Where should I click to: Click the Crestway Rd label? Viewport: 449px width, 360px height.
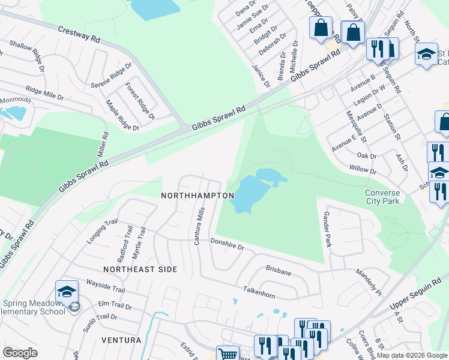point(79,34)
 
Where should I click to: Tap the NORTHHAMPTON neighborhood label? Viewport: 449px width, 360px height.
point(197,196)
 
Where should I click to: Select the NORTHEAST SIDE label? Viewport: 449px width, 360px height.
point(140,270)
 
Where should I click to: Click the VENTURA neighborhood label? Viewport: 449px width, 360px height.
point(121,340)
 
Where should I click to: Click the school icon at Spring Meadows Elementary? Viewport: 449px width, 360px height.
point(67,292)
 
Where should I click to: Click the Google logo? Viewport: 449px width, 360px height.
point(20,353)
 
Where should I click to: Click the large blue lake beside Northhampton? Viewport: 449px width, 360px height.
point(249,195)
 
